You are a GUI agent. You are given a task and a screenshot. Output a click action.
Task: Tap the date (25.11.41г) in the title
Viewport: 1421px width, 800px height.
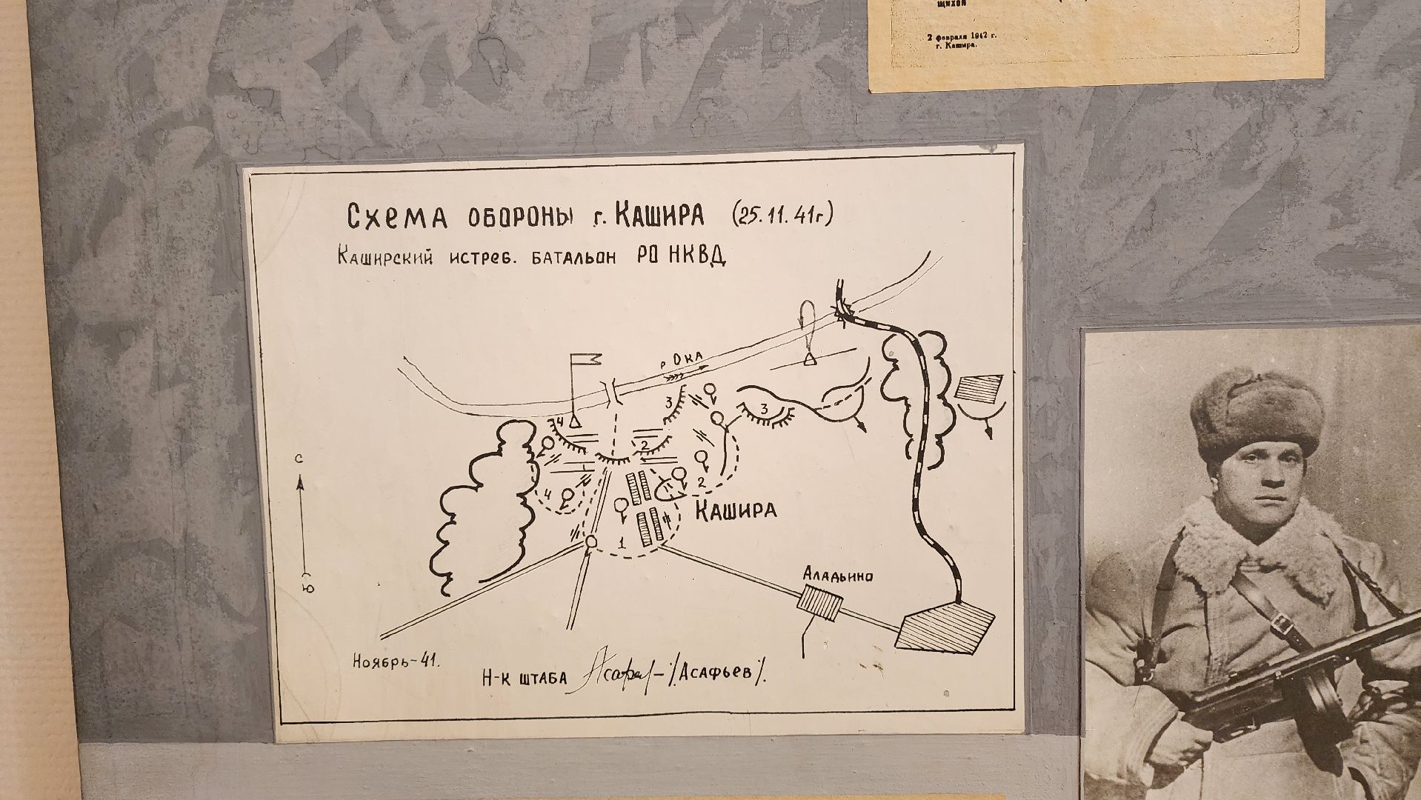783,215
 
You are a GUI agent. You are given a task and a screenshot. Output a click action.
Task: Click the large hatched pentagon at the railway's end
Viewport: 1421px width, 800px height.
945,627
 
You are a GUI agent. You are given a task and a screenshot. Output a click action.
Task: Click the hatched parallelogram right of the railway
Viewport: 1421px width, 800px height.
976,389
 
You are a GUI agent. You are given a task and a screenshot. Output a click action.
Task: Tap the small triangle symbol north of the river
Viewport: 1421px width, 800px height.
810,359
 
